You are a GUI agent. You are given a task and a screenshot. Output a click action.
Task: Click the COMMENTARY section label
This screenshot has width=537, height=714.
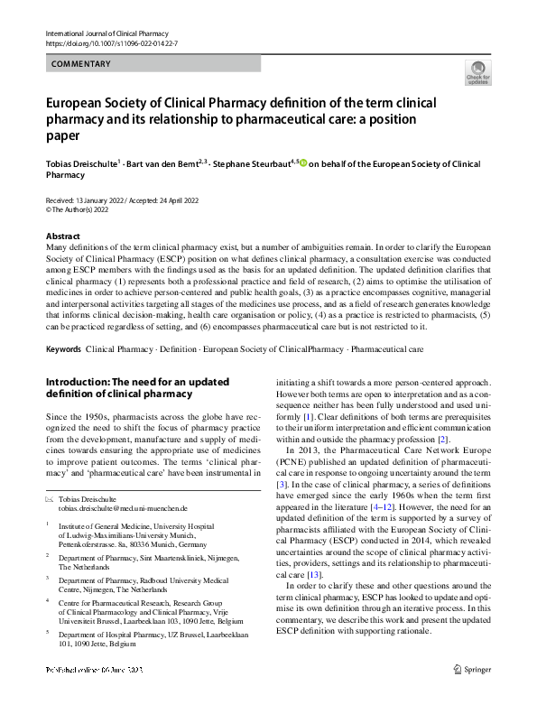(x=81, y=64)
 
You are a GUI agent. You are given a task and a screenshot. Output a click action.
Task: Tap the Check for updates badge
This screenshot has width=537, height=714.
(x=477, y=72)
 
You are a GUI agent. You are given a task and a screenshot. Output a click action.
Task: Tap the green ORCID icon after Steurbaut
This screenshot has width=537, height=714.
(x=303, y=163)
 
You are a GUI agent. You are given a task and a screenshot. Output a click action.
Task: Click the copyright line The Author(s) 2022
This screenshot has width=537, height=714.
(x=82, y=209)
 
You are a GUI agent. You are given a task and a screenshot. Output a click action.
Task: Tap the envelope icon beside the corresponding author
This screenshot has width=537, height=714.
(x=50, y=498)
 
